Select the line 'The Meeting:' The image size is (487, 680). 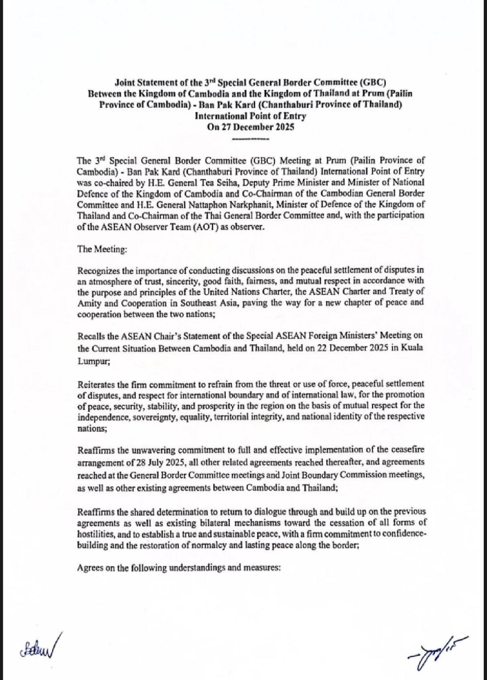(x=102, y=249)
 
